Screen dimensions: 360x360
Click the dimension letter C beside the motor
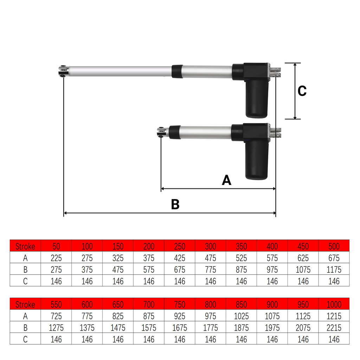[x=302, y=91]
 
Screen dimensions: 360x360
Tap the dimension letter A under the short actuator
[x=226, y=180]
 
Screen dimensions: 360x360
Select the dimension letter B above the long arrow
[x=175, y=204]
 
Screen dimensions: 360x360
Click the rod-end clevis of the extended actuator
[x=63, y=71]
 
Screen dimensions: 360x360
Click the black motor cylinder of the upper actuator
[x=257, y=98]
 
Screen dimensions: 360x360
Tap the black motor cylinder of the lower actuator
[x=257, y=160]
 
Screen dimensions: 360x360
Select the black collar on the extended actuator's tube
[x=178, y=71]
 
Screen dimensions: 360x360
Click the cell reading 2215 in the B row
[x=334, y=328]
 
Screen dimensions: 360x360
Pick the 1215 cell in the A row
[x=334, y=316]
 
